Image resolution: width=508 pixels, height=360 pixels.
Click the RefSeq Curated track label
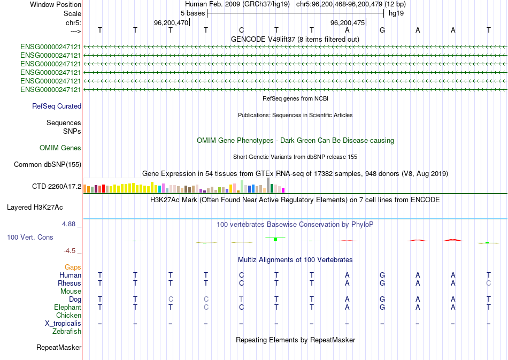pos(57,106)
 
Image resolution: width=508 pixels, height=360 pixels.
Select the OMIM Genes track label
pos(60,148)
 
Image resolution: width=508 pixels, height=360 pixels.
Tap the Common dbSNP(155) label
pos(47,165)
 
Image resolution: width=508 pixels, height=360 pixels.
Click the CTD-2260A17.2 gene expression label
pos(57,187)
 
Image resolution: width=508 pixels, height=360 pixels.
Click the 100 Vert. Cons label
pos(30,237)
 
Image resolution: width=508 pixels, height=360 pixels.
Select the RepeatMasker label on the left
pos(59,348)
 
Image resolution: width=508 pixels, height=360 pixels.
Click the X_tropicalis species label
pos(63,324)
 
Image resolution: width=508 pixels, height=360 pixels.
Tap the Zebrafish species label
pos(67,332)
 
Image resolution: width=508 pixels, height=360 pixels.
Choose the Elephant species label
pos(67,308)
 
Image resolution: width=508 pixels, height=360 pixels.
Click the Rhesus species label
pos(70,283)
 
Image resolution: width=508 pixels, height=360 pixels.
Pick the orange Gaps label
pos(73,267)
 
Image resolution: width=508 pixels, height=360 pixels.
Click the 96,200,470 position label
pos(171,23)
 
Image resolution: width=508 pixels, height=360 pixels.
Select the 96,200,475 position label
pos(348,23)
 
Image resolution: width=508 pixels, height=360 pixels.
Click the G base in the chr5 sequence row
pos(382,30)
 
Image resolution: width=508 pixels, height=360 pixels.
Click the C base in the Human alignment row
pos(241,275)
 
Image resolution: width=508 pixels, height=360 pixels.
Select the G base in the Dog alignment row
pos(382,299)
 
